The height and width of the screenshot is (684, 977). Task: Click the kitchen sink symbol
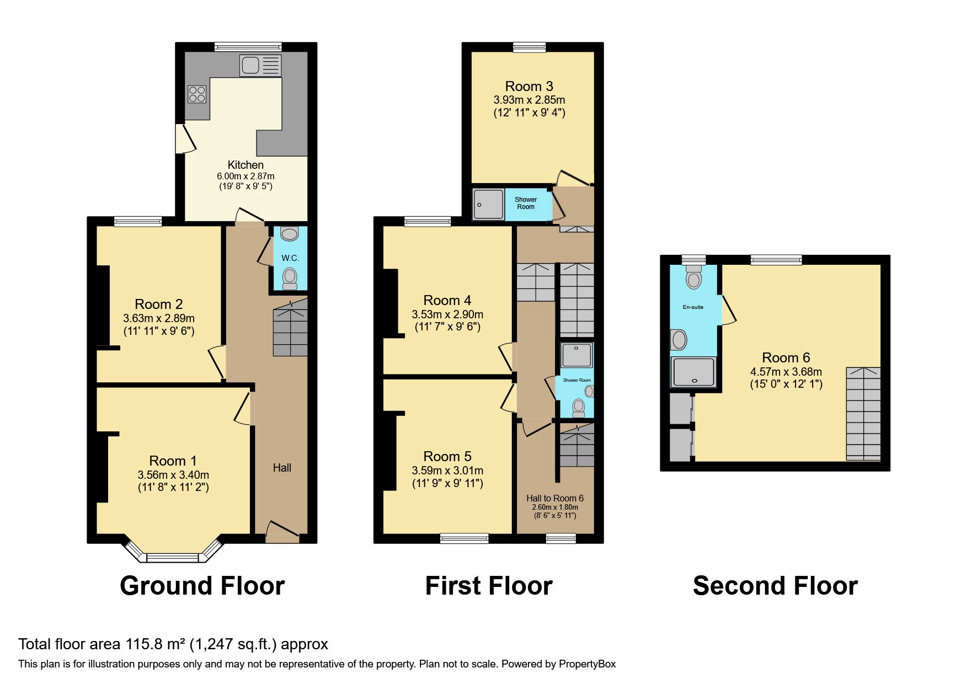point(260,65)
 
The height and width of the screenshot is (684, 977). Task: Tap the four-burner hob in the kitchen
point(196,94)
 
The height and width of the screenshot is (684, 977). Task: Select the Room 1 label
point(173,461)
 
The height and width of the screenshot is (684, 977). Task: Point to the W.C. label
point(290,258)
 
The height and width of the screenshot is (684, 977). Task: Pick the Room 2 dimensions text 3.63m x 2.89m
point(159,318)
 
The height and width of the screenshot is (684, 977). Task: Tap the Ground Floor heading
point(202,585)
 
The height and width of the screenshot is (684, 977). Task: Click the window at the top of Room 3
point(529,47)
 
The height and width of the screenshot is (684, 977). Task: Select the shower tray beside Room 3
point(488,205)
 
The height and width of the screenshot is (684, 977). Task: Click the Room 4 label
point(447,300)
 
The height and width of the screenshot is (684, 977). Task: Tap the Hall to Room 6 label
point(554,498)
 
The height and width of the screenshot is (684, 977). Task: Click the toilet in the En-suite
point(693,277)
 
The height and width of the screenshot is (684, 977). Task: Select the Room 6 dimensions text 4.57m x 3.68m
point(786,372)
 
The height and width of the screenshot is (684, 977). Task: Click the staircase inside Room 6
point(863,414)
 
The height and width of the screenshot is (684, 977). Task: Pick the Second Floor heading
point(775,585)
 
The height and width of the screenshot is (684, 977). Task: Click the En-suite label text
point(693,307)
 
